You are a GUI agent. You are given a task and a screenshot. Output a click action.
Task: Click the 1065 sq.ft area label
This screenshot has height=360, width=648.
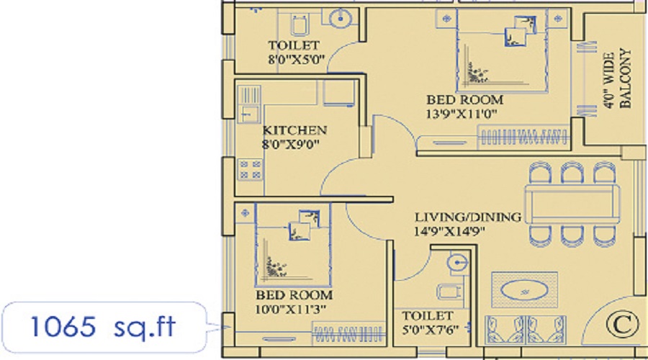pos(103,327)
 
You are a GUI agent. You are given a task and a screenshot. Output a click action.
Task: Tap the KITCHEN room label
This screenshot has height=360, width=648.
pos(294,130)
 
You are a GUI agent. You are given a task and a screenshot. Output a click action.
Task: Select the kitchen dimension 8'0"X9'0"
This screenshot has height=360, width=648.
pos(292,144)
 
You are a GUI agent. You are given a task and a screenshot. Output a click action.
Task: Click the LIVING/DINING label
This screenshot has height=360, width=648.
pos(468,217)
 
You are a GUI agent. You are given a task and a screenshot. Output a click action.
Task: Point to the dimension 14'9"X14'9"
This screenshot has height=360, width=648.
pos(449,231)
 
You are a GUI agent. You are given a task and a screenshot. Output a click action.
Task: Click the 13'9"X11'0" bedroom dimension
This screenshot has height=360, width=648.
pos(462,114)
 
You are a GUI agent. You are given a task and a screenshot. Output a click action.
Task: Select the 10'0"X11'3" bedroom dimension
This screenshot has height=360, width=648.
pos(291,309)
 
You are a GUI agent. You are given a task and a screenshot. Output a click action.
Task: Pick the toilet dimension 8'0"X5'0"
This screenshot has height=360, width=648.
pos(296,60)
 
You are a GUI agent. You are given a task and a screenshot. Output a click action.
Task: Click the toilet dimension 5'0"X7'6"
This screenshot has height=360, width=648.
pos(430,330)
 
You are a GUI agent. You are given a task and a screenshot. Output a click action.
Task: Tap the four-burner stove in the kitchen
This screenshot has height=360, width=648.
pos(250,169)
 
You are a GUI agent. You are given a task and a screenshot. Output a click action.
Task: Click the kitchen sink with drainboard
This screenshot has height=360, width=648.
pos(249,104)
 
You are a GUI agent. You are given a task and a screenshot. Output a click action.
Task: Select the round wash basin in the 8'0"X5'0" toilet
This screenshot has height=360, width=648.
pos(341,18)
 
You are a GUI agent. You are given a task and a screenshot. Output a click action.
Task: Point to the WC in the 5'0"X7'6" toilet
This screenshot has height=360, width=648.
pos(449,292)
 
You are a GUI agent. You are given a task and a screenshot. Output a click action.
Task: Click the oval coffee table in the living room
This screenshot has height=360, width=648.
pos(524,289)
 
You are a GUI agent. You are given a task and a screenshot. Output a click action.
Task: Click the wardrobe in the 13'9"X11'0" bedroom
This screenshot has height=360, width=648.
pos(523,137)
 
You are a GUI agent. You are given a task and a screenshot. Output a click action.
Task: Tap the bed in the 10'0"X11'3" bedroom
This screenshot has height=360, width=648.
pos(294,245)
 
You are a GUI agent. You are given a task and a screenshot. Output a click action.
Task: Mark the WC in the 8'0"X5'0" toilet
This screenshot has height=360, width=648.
pos(299,24)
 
